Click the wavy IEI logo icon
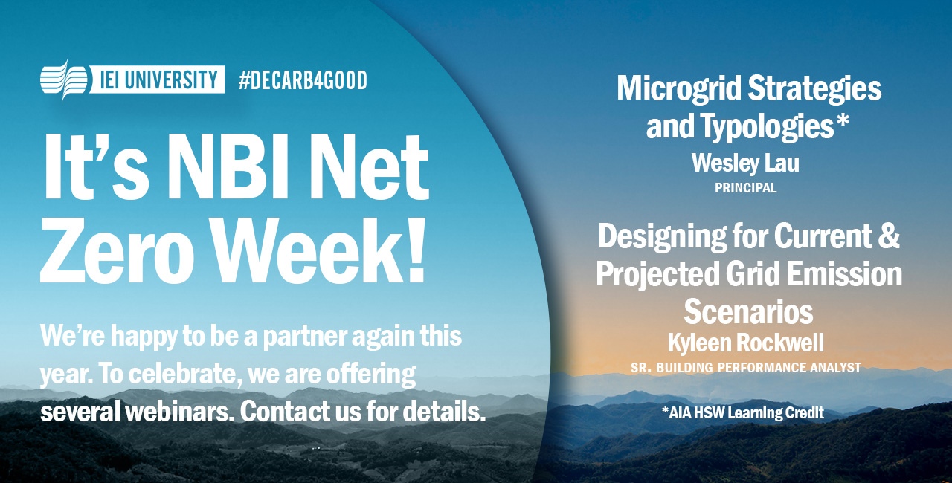(x=64, y=80)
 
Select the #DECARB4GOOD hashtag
(x=303, y=80)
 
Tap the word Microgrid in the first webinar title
(x=678, y=89)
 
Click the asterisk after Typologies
(x=842, y=120)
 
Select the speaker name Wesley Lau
(x=745, y=163)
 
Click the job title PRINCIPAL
(x=745, y=188)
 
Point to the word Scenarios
(x=748, y=311)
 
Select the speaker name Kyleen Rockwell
(x=745, y=343)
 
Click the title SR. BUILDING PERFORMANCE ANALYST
(x=745, y=368)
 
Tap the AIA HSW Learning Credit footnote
(x=742, y=412)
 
